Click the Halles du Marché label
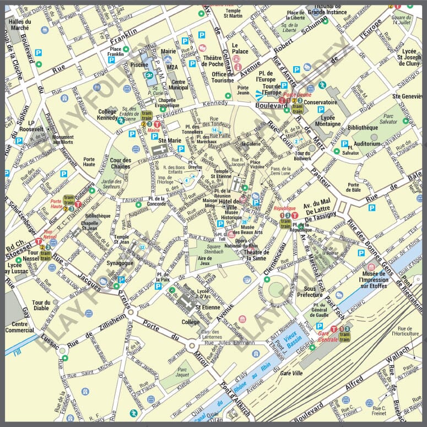(x=20, y=24)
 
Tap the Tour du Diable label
(x=41, y=306)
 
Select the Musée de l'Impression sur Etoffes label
(x=383, y=279)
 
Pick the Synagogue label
(x=120, y=263)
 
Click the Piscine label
(x=140, y=80)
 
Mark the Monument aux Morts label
(x=64, y=140)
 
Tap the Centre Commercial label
(x=20, y=327)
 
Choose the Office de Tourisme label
(x=223, y=77)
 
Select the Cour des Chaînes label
(x=120, y=164)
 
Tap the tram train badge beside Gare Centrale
(x=345, y=337)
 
